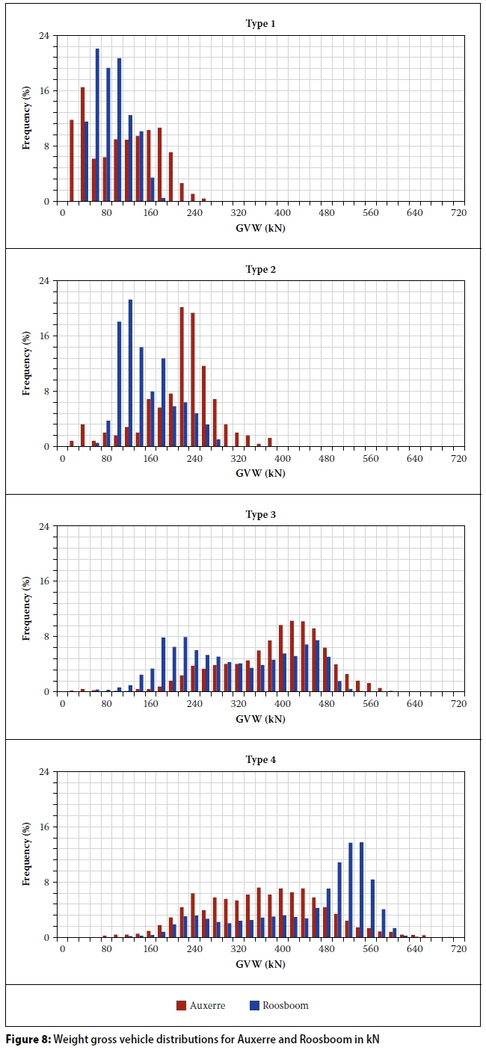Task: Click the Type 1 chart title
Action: click(x=260, y=24)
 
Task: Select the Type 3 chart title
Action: click(x=260, y=515)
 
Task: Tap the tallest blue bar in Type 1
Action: click(x=97, y=125)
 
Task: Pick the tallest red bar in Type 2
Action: click(x=182, y=377)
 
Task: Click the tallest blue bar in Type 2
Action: click(x=130, y=373)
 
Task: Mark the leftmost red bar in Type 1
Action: click(x=72, y=160)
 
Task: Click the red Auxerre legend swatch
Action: click(x=182, y=1005)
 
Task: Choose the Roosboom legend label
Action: click(x=285, y=1005)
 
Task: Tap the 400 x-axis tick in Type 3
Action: click(x=282, y=703)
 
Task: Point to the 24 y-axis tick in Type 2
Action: click(x=43, y=281)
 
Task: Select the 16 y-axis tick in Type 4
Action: click(x=43, y=827)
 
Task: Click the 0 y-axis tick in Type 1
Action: click(x=46, y=202)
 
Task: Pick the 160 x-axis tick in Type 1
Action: click(x=150, y=213)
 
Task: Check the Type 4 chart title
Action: click(x=260, y=760)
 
